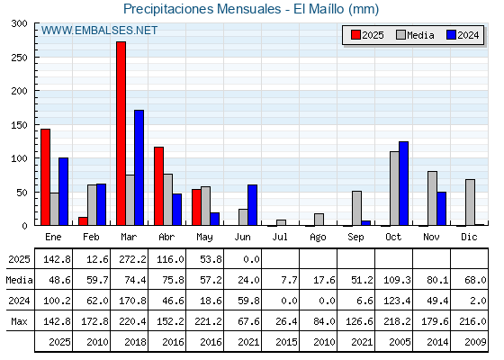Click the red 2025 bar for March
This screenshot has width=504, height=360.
(121, 133)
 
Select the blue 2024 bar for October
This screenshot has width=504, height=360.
(404, 184)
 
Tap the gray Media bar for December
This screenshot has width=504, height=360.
(470, 202)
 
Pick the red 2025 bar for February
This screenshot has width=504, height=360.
(83, 221)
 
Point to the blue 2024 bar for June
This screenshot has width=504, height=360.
(252, 205)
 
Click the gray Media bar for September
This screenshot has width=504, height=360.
(356, 208)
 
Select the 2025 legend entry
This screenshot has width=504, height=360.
(367, 35)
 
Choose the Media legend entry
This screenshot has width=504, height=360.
(415, 35)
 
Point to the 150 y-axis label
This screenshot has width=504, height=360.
(19, 125)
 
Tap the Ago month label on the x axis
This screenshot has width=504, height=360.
(318, 238)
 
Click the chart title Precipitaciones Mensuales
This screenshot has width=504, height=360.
(202, 9)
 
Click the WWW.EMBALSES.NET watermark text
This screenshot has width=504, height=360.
(99, 31)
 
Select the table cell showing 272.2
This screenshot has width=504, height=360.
(130, 259)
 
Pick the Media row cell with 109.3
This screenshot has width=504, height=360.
(397, 280)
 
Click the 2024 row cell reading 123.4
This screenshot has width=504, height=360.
(397, 301)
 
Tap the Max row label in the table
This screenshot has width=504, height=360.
(19, 321)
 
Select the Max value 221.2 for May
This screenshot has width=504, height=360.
(208, 321)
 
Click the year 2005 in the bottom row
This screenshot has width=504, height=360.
(400, 342)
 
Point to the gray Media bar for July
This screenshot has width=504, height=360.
(281, 223)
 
